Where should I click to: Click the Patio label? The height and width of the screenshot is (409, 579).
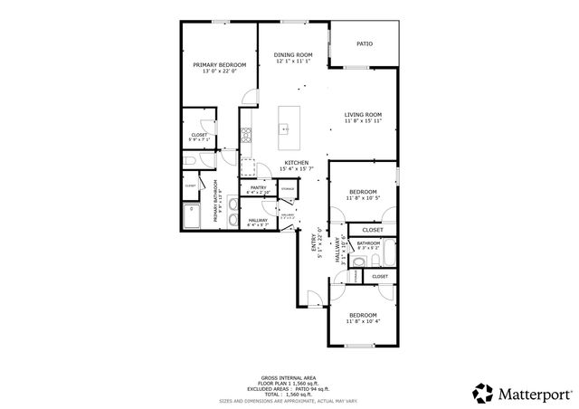click(x=364, y=43)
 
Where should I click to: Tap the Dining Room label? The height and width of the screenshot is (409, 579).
click(x=292, y=55)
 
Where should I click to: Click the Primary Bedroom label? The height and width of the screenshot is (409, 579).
click(x=219, y=65)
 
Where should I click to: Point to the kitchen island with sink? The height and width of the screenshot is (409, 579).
click(x=289, y=128)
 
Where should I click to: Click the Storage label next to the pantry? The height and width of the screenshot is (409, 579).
click(x=286, y=188)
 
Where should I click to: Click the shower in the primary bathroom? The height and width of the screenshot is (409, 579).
click(x=193, y=217)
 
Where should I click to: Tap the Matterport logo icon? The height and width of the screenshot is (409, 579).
click(x=483, y=392)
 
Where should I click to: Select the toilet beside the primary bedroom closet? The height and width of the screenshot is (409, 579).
click(x=189, y=161)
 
